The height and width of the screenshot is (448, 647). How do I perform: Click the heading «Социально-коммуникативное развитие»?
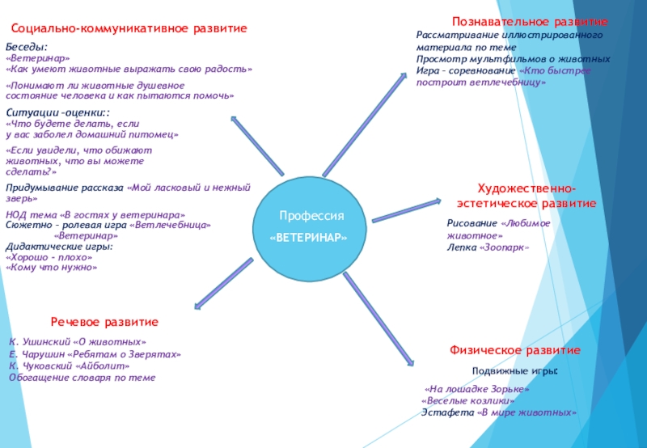click(x=129, y=28)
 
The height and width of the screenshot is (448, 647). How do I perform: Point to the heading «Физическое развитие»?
click(x=515, y=350)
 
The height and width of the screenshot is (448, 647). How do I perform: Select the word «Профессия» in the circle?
click(x=311, y=217)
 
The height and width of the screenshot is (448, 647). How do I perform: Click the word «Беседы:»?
click(x=27, y=48)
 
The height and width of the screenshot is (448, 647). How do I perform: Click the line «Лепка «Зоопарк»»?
click(x=488, y=247)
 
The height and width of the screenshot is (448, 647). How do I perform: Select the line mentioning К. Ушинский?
click(x=78, y=343)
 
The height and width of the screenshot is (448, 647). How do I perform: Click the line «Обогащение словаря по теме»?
click(x=82, y=377)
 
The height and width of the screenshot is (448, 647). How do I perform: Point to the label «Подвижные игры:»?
click(x=515, y=370)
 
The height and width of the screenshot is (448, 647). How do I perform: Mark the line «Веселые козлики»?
click(x=468, y=400)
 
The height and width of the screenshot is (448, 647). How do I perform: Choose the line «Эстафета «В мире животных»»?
click(x=499, y=412)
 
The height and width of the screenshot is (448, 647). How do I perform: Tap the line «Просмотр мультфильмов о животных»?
click(x=513, y=59)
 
